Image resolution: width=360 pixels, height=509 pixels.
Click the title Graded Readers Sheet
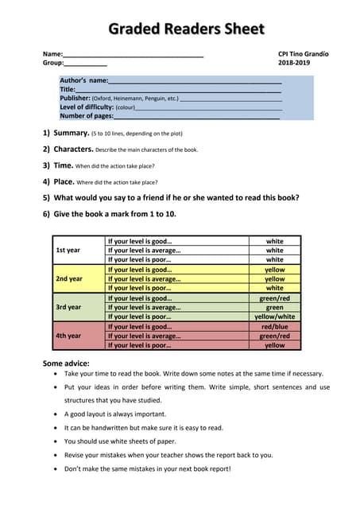pos(185,29)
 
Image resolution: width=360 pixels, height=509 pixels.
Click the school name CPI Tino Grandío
pos(303,53)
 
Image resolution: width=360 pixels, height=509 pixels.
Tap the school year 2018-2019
pos(294,63)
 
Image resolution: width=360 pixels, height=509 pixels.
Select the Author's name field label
pos(83,80)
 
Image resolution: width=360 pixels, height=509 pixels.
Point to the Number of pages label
pos(87,115)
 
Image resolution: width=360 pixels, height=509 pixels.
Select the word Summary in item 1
pos(71,133)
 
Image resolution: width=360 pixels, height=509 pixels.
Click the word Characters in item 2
pos(73,149)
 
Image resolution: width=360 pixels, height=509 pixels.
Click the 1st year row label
pos(68,250)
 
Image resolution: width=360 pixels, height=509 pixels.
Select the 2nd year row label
pos(68,278)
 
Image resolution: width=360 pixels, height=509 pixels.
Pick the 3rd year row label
pos(68,307)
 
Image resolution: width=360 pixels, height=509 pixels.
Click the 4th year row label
pos(68,336)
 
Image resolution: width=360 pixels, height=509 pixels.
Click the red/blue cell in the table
pos(274,326)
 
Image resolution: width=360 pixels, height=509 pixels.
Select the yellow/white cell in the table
pos(274,317)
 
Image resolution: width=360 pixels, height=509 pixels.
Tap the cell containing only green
pos(274,307)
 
